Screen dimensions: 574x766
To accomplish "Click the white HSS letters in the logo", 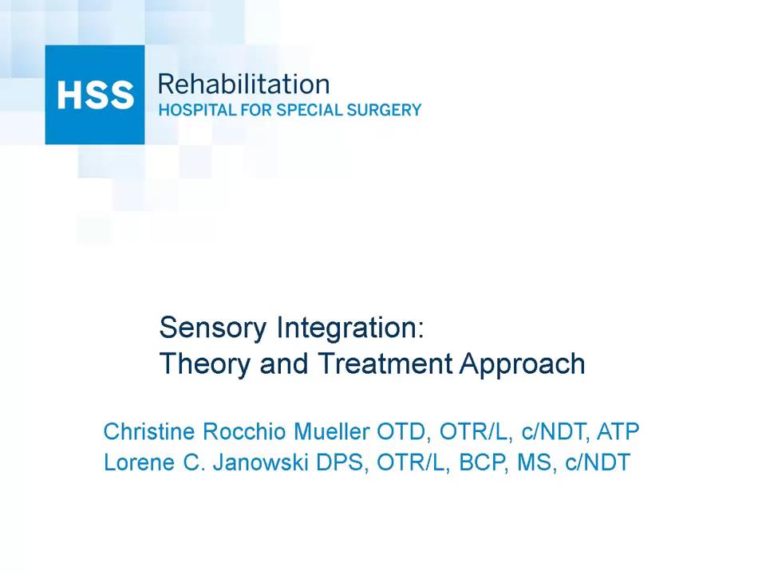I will coord(95,95).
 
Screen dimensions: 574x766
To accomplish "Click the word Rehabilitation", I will coord(243,85).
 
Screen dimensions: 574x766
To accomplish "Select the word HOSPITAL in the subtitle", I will coord(192,111).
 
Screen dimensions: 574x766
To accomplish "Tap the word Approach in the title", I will coord(523,364).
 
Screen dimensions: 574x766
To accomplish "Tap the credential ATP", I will coord(618,432).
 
